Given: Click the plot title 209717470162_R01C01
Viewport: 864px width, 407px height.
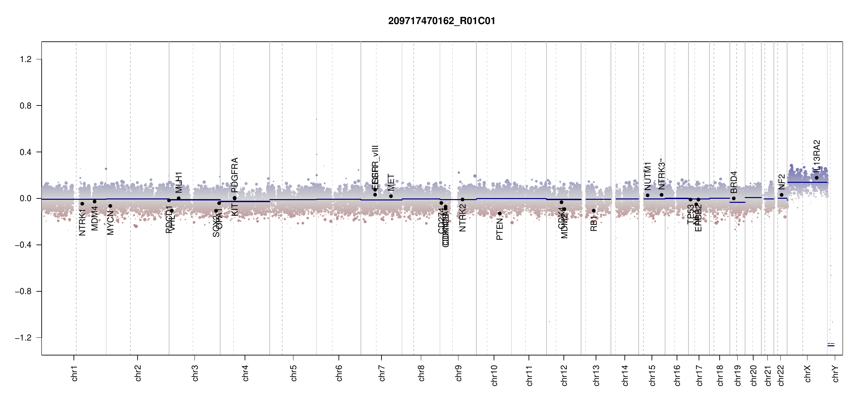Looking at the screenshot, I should [x=441, y=21].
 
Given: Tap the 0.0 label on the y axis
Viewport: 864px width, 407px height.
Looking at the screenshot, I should [x=26, y=198].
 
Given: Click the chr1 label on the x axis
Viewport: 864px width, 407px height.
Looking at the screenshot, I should [x=74, y=373].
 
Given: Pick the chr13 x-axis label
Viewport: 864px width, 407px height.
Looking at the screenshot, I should [x=596, y=375].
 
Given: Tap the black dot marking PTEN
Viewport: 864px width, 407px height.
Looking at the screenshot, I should [x=499, y=213].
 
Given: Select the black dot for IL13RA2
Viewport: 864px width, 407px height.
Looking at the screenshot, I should [x=817, y=178].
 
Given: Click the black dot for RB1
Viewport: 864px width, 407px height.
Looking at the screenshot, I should [x=594, y=211].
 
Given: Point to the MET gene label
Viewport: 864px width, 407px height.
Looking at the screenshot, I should [x=391, y=182].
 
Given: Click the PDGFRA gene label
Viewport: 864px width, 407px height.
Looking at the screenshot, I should [x=234, y=175].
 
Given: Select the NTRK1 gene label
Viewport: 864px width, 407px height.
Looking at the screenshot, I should [x=82, y=222].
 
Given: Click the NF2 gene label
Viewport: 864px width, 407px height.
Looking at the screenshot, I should [x=781, y=182].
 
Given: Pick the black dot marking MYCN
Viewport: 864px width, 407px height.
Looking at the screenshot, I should [x=110, y=206].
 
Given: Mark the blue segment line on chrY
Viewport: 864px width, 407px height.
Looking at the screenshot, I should [x=831, y=346].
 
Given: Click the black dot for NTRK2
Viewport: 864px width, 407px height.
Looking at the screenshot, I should [x=462, y=199].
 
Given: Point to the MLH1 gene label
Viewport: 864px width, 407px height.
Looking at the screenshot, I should [x=179, y=182].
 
